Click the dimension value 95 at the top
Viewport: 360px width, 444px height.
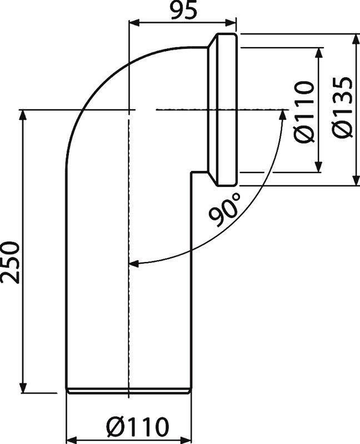182,12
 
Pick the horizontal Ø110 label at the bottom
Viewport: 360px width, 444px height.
137,428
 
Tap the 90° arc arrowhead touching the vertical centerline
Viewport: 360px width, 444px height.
133,263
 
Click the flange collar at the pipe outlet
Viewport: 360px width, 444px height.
225,110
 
